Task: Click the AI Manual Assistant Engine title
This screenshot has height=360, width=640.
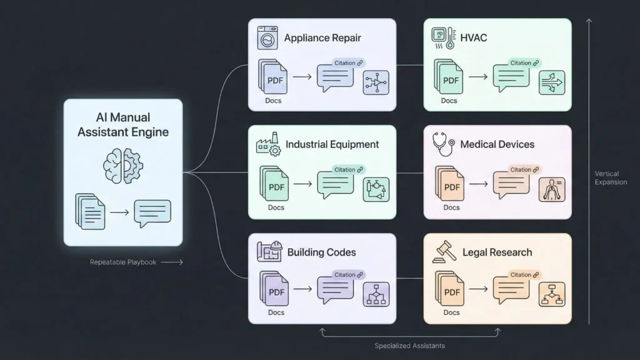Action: click(123, 124)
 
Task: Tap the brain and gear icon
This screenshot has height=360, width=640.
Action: click(123, 164)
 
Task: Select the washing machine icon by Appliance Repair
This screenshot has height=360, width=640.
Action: click(267, 38)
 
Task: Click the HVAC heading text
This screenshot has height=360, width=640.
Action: click(473, 38)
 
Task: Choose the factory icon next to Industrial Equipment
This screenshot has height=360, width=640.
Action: click(268, 145)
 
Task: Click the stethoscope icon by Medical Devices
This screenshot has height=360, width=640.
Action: click(443, 144)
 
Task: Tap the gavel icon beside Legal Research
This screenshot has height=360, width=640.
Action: click(443, 253)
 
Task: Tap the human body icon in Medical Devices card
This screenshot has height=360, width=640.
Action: click(551, 189)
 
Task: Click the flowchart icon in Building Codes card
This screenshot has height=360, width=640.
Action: click(376, 294)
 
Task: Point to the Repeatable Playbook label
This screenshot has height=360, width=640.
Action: click(123, 262)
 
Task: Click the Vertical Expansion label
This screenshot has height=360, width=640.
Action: click(611, 177)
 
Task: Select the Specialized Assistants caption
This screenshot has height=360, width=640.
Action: click(409, 346)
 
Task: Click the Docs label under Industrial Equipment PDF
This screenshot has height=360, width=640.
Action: click(276, 207)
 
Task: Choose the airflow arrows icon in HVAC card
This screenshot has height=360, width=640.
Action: click(551, 82)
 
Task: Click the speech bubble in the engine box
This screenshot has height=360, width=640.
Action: click(152, 213)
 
